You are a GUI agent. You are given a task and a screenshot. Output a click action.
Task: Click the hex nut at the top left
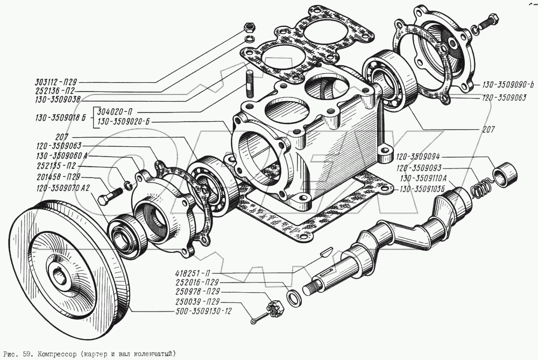pos(249,26)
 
